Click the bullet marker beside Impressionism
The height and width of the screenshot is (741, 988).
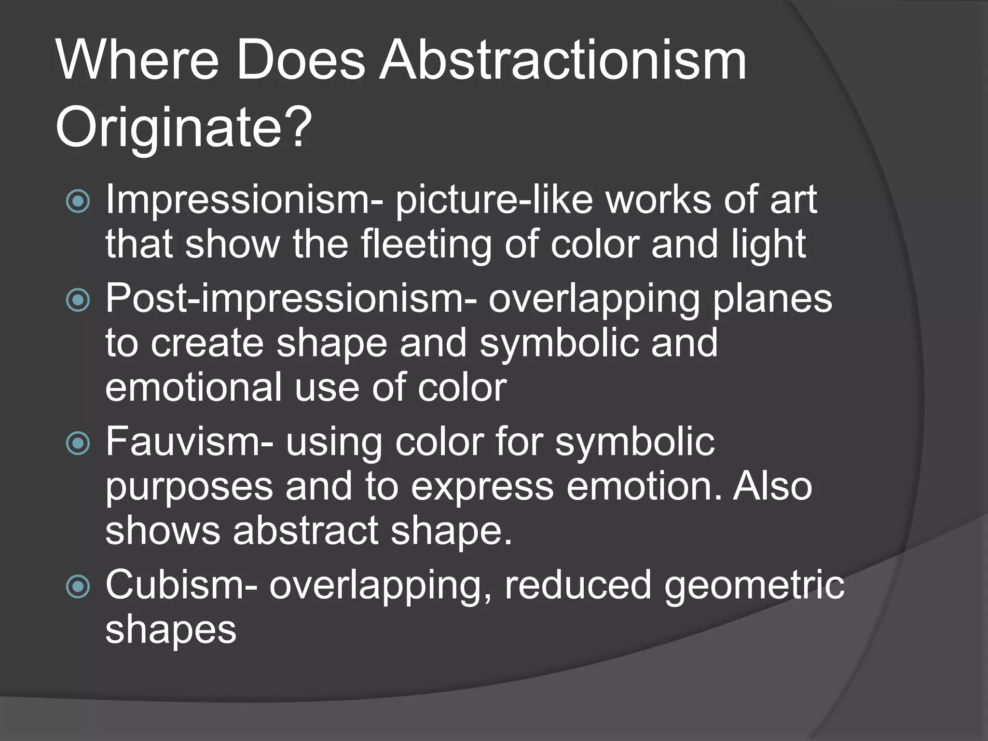(x=78, y=201)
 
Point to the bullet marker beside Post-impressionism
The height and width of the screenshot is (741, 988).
(x=78, y=301)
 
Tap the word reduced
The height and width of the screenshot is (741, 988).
(x=578, y=584)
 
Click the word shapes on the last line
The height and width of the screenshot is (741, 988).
(x=171, y=630)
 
